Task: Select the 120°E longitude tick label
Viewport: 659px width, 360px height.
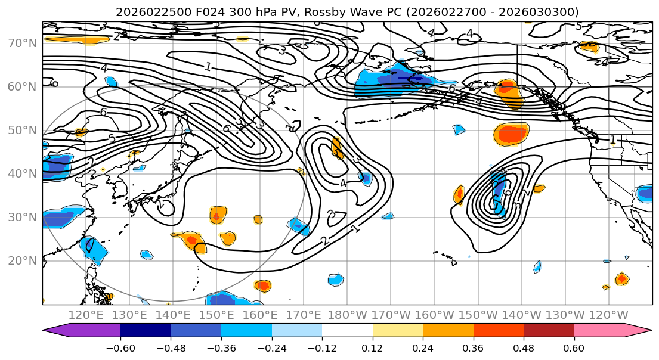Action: pyautogui.click(x=86, y=315)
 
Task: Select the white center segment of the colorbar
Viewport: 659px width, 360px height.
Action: pyautogui.click(x=347, y=331)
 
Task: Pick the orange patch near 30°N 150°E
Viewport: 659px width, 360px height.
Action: pyautogui.click(x=218, y=214)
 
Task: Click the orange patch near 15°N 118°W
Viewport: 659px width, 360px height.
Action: pyautogui.click(x=622, y=278)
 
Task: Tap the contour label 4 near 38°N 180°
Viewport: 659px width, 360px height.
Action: pyautogui.click(x=344, y=183)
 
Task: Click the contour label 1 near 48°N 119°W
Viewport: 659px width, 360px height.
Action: pyautogui.click(x=612, y=140)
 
